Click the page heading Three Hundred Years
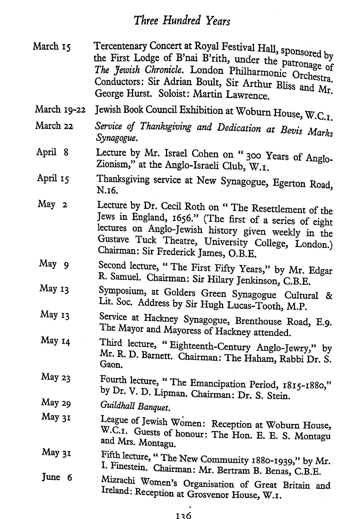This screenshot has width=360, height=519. pos(182,21)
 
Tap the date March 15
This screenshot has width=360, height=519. pos(52,46)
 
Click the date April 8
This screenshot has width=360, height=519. pos(52,152)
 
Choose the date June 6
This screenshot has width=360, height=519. pos(57,477)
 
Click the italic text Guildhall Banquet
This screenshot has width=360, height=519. pos(135,406)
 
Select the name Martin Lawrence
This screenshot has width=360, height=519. pos(231,95)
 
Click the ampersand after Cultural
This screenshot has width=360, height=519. pos(328,296)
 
